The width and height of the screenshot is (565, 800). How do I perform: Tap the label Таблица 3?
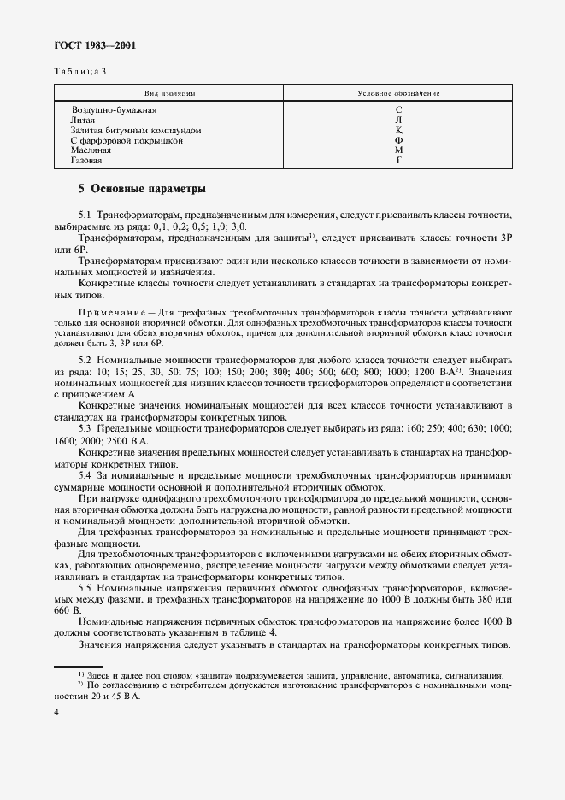(81, 72)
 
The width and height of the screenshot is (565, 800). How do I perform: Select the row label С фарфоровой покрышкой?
(127, 140)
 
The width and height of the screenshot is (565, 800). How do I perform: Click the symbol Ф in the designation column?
(398, 140)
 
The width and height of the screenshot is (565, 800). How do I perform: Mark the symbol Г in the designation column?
(398, 160)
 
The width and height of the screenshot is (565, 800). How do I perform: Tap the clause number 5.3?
(85, 426)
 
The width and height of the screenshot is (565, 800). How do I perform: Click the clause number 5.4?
(85, 474)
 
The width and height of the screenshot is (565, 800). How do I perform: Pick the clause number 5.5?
(85, 589)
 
